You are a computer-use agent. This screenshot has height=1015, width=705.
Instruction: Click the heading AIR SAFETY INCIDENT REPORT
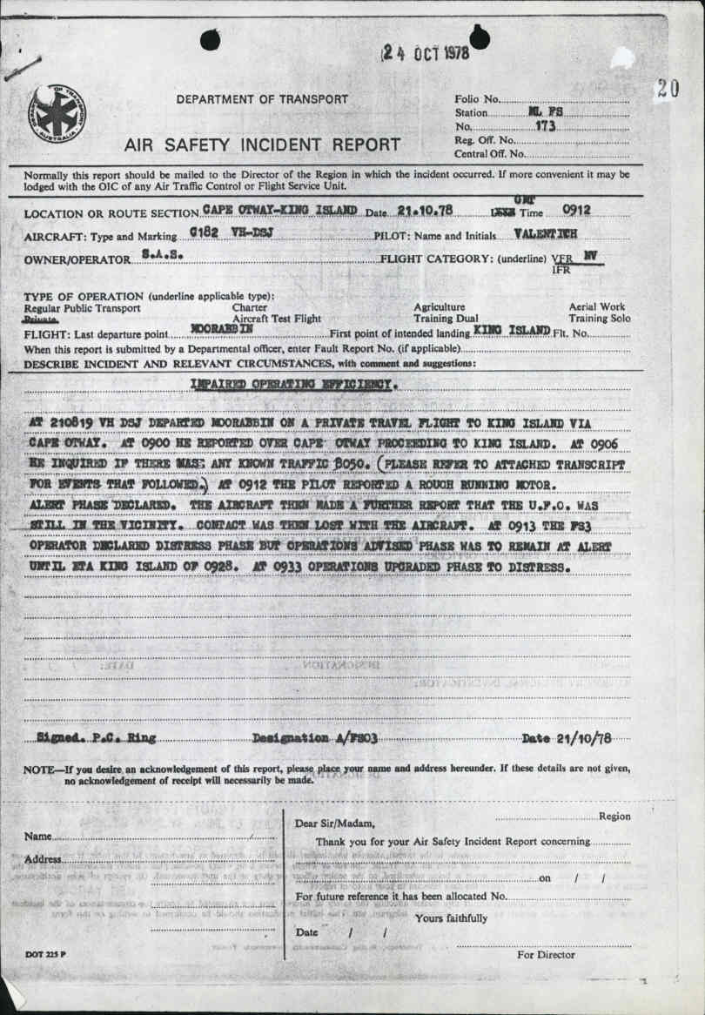pos(262,145)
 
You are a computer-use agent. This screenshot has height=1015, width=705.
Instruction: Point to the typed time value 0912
pos(577,210)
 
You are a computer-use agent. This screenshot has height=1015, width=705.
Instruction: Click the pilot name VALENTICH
pos(546,234)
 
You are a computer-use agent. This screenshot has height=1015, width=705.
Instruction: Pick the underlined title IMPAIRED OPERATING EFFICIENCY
pos(294,384)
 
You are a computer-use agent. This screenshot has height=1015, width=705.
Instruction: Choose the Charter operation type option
pos(250,307)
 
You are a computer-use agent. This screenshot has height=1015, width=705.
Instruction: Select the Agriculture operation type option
pos(439,307)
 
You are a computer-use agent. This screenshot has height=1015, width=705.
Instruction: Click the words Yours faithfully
pos(452,918)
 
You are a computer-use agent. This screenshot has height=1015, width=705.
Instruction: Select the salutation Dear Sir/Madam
pos(336,823)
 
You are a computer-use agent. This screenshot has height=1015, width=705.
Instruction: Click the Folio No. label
pos(477,99)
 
